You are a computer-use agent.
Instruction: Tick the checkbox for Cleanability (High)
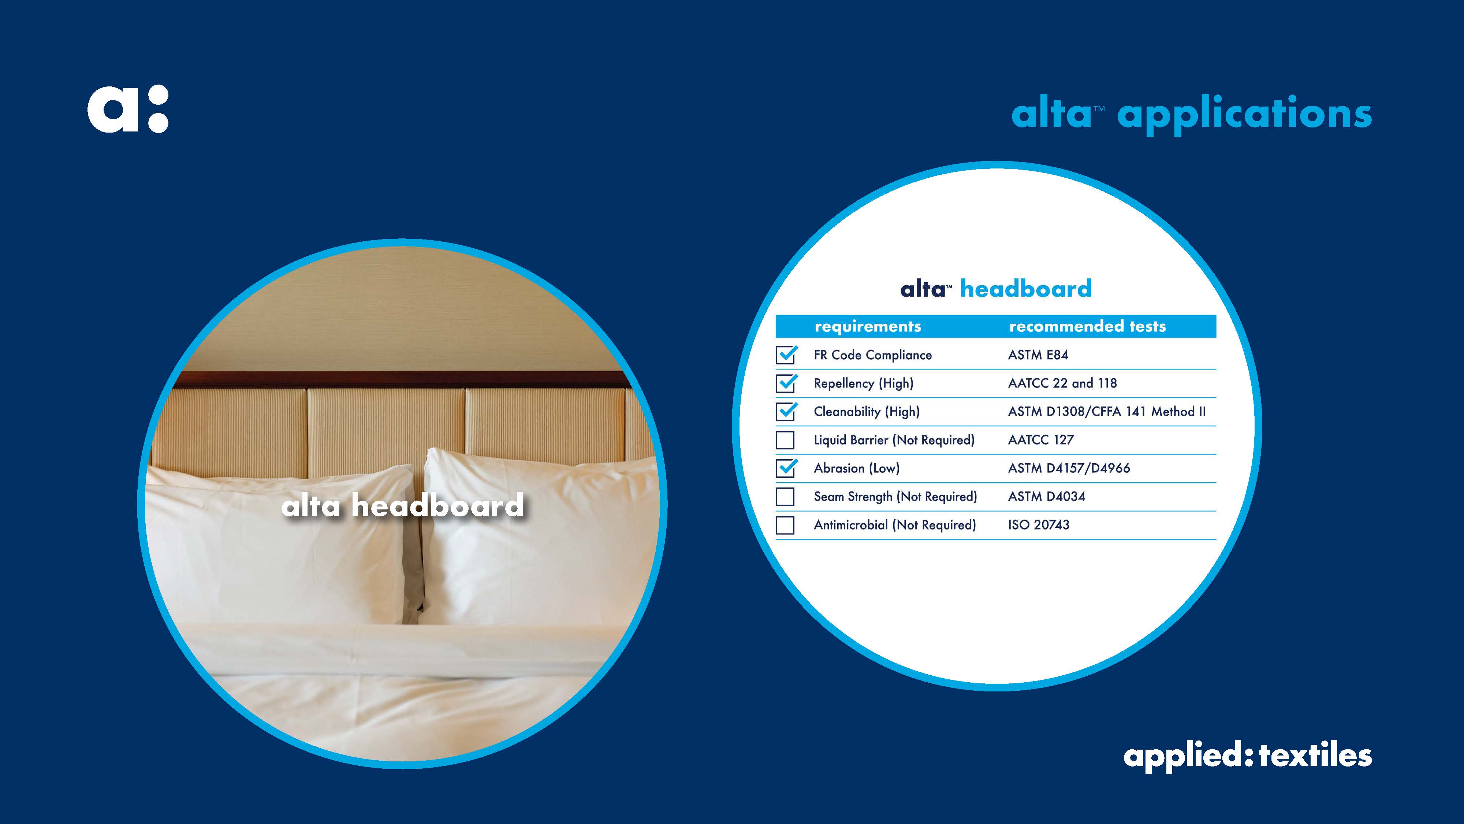[786, 411]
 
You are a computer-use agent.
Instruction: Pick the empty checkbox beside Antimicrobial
[785, 525]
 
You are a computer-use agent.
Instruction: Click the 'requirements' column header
[868, 326]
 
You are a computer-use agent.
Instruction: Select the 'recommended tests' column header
[1087, 326]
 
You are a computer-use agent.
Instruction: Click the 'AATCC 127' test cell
[1040, 439]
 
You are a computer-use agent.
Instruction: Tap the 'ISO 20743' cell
[1038, 525]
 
